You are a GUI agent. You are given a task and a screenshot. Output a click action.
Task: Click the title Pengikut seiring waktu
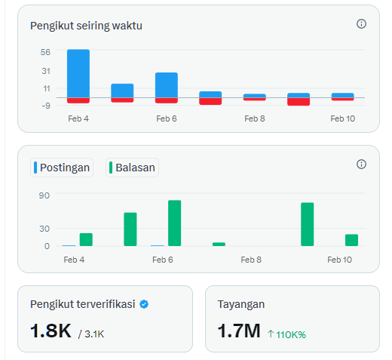pos(86,26)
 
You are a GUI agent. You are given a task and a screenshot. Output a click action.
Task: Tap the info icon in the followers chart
pos(361,24)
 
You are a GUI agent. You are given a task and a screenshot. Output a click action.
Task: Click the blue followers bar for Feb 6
pos(167,85)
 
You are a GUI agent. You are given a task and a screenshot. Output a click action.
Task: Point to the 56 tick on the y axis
pos(46,52)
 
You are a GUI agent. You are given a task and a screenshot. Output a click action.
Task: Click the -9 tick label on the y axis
pos(46,105)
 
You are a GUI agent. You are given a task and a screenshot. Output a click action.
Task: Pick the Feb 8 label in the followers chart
pos(255,118)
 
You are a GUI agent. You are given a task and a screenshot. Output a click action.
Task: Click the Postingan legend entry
pos(62,168)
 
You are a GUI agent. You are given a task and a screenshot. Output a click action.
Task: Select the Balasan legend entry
pos(133,168)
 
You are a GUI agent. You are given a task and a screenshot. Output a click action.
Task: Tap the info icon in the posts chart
pos(361,165)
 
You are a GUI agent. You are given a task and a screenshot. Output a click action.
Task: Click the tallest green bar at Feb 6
pos(174,223)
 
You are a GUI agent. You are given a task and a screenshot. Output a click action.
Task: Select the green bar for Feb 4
pos(86,239)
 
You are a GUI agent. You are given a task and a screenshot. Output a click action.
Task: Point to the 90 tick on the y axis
pos(44,195)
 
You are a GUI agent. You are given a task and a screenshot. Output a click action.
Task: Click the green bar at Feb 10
pos(351,240)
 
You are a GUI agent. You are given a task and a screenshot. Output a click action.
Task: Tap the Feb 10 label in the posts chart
pos(339,260)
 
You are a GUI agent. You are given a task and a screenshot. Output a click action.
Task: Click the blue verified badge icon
pos(144,304)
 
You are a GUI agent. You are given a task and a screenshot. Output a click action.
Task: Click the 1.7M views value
pos(238,331)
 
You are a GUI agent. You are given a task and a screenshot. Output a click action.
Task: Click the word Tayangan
pos(240,304)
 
